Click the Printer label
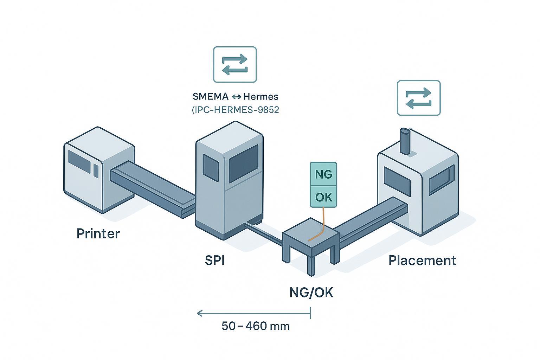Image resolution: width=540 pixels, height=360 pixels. [98, 234]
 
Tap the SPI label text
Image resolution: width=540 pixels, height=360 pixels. [214, 261]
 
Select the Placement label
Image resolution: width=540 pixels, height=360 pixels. [422, 261]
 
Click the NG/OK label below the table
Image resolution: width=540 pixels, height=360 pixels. [311, 292]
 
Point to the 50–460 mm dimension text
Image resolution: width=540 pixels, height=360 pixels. [256, 326]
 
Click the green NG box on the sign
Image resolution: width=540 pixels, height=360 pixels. [323, 174]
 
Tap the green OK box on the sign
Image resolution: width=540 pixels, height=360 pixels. [323, 197]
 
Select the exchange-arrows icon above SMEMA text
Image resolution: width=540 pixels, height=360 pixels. [235, 65]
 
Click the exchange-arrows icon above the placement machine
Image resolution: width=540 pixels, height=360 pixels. [418, 98]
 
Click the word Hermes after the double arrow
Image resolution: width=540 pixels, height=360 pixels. [261, 96]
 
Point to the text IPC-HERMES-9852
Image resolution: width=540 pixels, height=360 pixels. [236, 110]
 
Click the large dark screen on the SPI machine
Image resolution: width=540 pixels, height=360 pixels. [243, 163]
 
